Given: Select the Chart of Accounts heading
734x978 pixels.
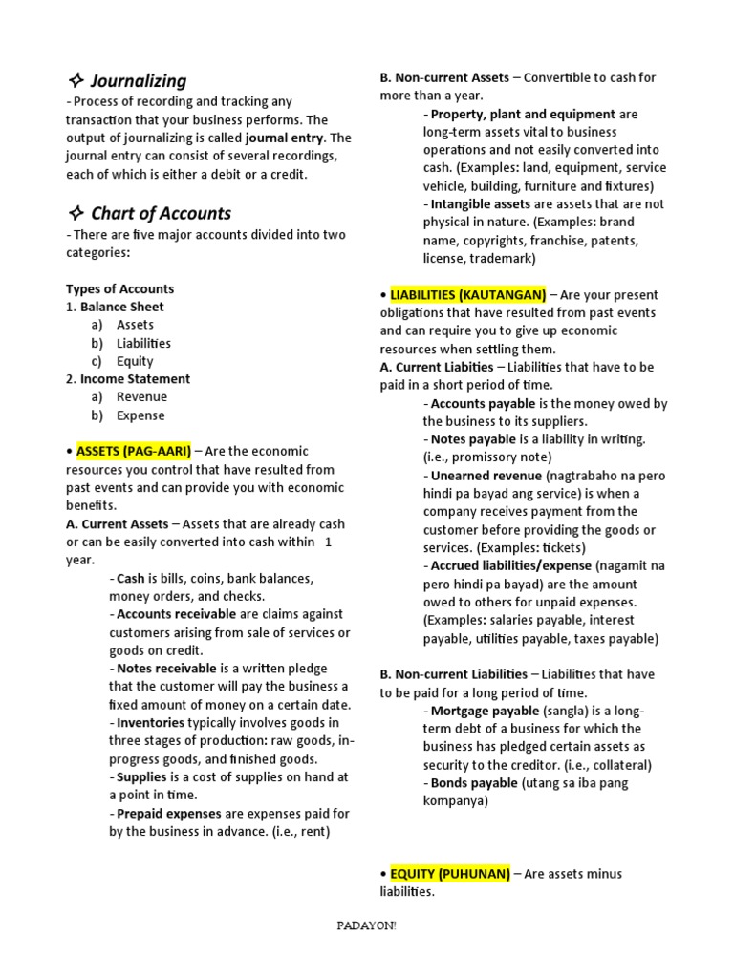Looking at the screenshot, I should coord(161,213).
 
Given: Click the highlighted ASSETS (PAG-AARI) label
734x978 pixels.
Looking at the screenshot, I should coord(134,451).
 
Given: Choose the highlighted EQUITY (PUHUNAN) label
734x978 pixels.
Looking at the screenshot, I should coord(449,873).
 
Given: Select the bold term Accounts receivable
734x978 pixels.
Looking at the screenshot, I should coord(177,614).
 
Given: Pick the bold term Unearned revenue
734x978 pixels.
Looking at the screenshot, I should coord(482,475).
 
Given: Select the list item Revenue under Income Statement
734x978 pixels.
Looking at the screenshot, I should coord(141,396).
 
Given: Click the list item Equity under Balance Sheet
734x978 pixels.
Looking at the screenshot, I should coord(135,361).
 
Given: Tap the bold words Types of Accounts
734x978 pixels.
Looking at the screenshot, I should coord(119,288).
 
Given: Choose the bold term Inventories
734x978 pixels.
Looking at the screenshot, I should coord(150,723).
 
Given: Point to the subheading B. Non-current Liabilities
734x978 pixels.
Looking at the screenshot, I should coord(453,673).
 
